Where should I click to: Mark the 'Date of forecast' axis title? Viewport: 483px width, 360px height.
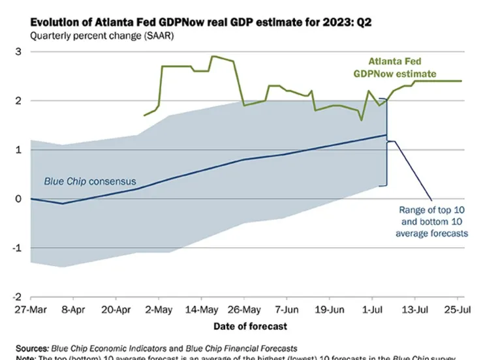[249, 325]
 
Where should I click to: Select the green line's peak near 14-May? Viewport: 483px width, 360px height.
[212, 56]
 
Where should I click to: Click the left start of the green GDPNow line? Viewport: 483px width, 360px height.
[144, 115]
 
